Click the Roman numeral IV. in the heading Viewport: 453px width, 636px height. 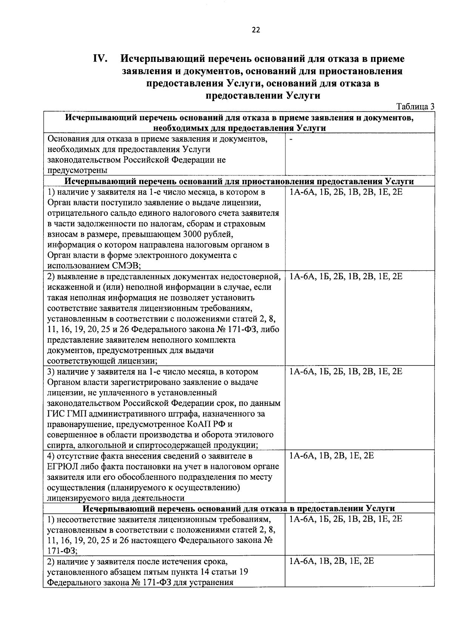click(x=101, y=59)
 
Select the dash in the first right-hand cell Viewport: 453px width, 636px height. click(x=291, y=139)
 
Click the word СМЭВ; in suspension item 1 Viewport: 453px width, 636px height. click(x=126, y=266)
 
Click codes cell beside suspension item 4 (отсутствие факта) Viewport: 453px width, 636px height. click(x=331, y=456)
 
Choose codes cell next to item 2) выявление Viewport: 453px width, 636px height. click(x=345, y=277)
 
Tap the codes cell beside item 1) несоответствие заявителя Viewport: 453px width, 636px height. click(x=345, y=519)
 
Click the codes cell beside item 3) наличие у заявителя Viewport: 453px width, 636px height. click(x=345, y=372)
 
